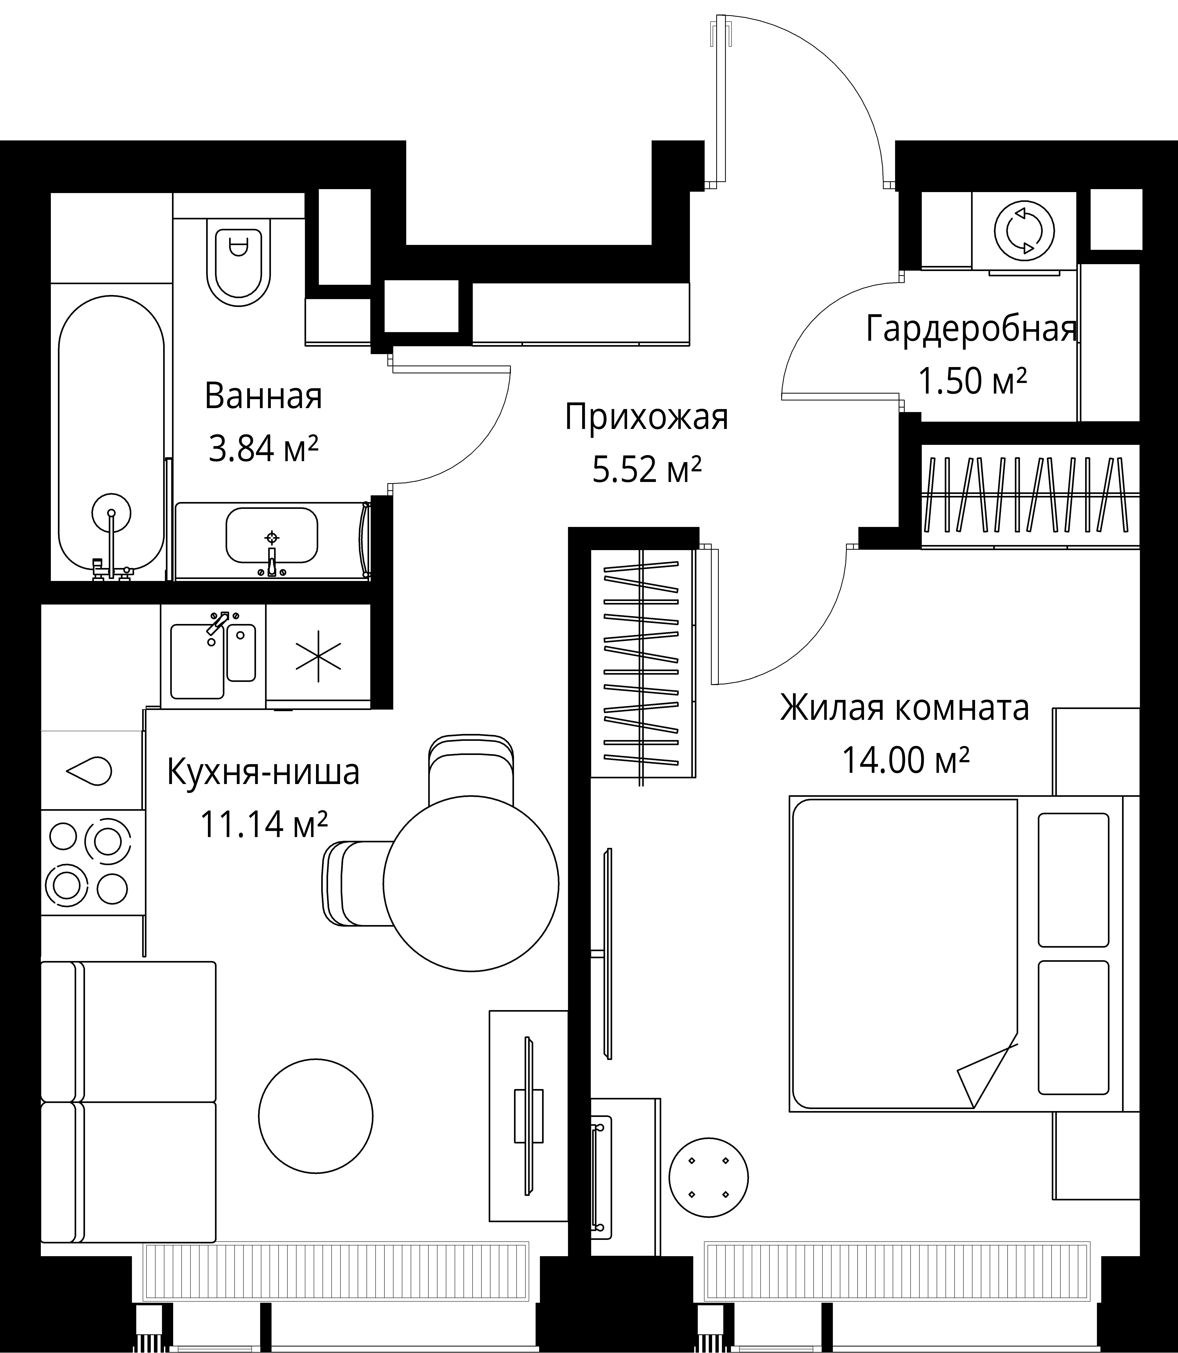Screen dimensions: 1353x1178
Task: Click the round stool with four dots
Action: (x=709, y=1177)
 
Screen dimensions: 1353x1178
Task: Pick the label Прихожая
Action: (x=646, y=418)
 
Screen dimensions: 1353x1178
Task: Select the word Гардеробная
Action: (x=972, y=329)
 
